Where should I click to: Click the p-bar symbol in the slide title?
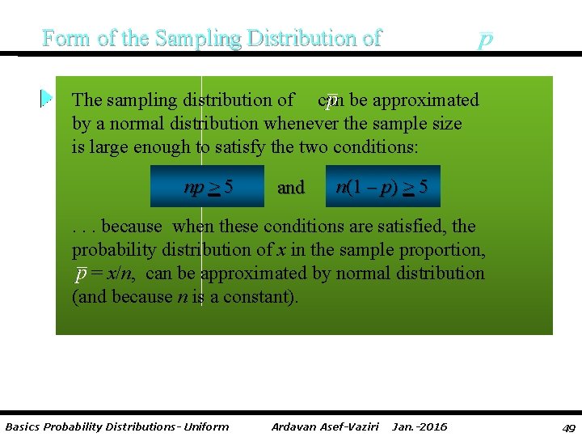point(484,40)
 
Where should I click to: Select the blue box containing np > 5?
point(209,188)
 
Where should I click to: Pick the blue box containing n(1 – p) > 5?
point(382,188)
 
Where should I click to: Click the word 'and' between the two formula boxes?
point(290,188)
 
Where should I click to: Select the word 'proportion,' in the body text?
point(441,250)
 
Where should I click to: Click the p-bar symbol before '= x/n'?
point(80,274)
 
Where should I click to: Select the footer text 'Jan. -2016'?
point(420,426)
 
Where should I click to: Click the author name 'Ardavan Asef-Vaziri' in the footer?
point(325,426)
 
